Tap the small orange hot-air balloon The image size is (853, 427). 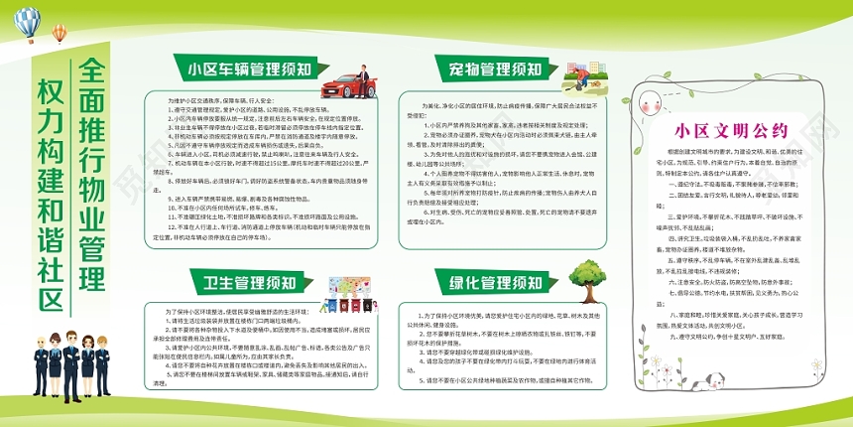[61, 32]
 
